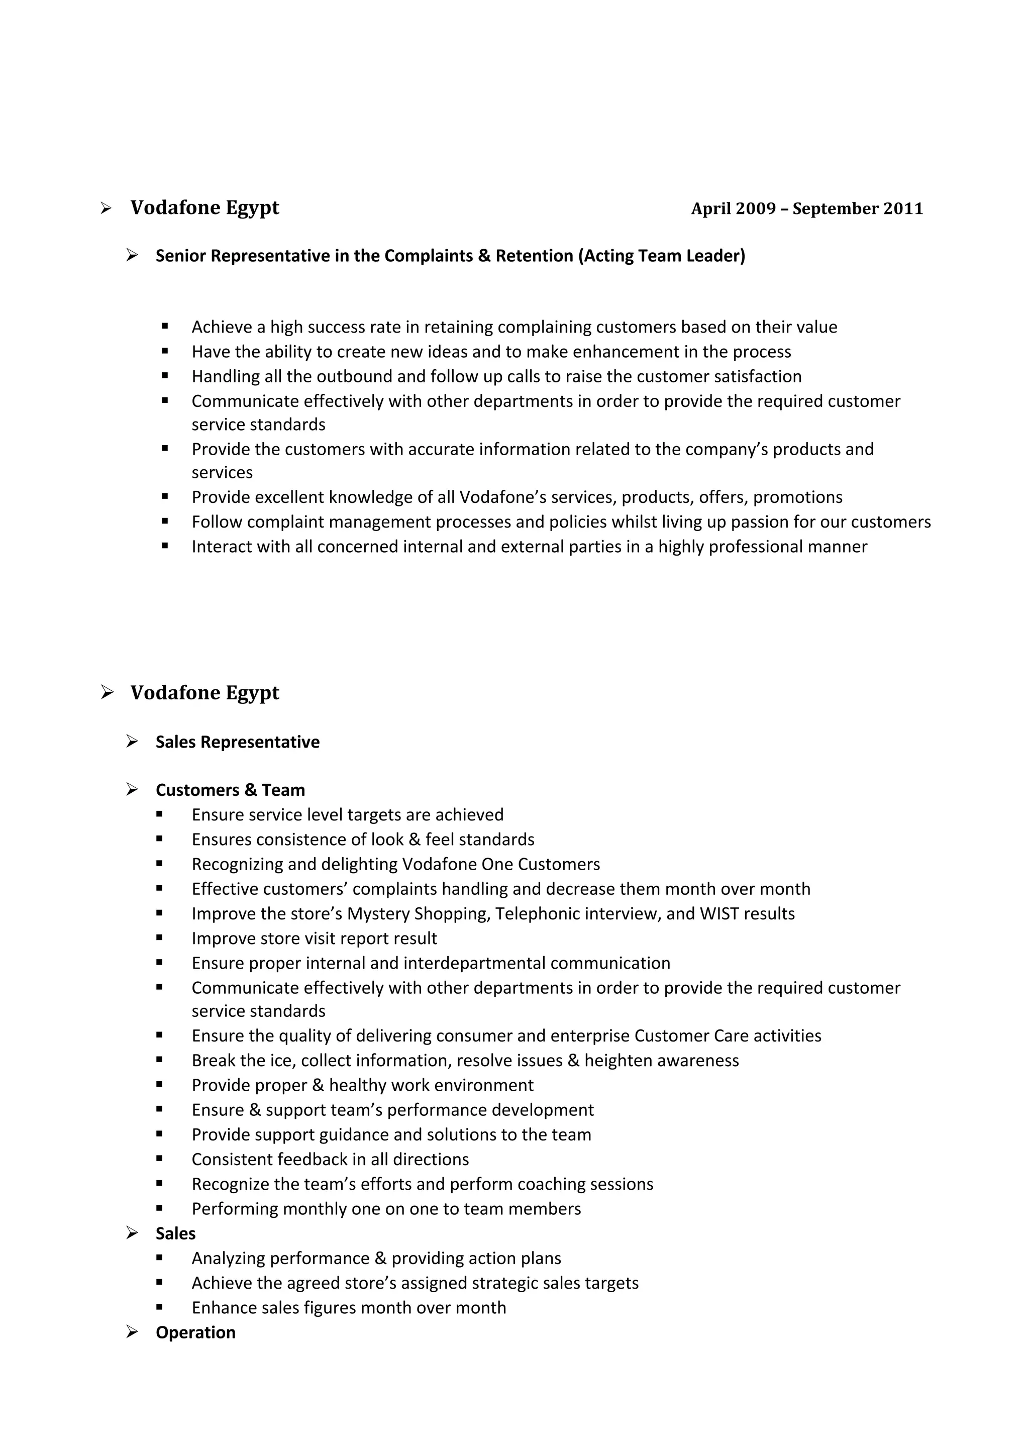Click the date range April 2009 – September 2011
tap(806, 209)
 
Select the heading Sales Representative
tap(237, 742)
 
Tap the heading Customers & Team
tap(230, 790)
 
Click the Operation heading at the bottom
tap(195, 1332)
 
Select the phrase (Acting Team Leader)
tap(661, 256)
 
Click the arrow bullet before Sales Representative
tap(132, 742)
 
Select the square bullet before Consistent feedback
tap(159, 1159)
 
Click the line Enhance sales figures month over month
tap(349, 1308)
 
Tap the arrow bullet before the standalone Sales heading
tap(132, 1233)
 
